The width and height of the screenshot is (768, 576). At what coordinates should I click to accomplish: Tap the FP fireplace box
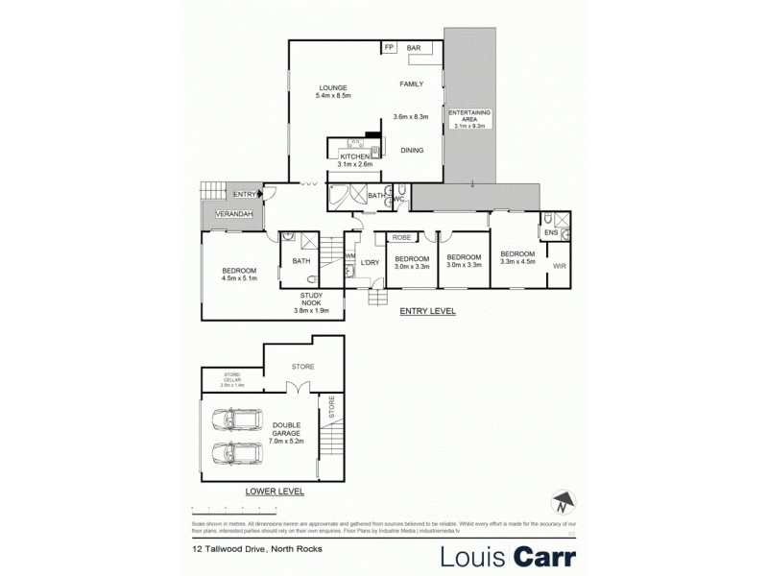click(x=390, y=47)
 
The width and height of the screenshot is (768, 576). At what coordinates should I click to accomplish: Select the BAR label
click(x=415, y=47)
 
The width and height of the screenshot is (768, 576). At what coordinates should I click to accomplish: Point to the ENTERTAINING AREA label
click(x=470, y=117)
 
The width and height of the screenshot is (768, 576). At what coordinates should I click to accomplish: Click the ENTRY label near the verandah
click(x=244, y=194)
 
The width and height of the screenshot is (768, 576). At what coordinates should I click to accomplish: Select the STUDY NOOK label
click(x=310, y=299)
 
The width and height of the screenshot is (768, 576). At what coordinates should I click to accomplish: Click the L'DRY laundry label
click(x=370, y=261)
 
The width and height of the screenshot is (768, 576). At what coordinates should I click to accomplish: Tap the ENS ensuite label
click(x=550, y=231)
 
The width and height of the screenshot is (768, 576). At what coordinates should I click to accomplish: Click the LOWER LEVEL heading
click(x=275, y=491)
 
